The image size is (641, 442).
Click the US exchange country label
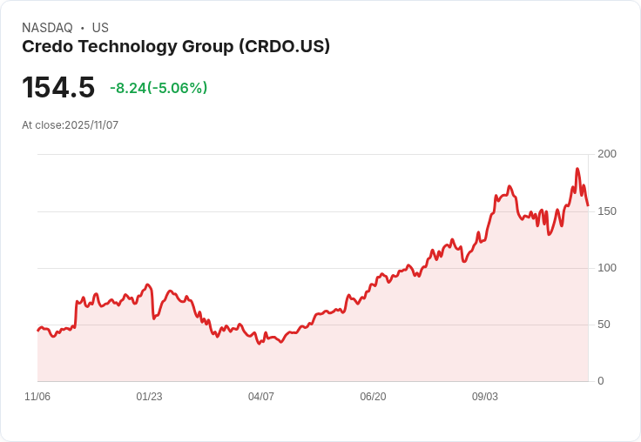[100, 28]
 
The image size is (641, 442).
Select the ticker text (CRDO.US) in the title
[284, 47]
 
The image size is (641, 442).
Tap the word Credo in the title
[46, 47]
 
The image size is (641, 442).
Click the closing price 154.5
[58, 88]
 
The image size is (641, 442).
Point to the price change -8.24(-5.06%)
[159, 88]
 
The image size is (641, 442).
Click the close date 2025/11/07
[91, 125]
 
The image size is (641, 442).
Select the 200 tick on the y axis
[607, 154]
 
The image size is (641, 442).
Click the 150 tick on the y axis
[607, 211]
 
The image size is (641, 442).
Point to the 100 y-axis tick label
[607, 268]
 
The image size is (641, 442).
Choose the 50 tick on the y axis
[604, 325]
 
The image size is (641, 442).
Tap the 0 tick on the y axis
[601, 381]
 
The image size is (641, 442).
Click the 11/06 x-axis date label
[37, 397]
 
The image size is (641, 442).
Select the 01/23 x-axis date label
[149, 397]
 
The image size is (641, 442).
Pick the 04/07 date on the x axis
[261, 397]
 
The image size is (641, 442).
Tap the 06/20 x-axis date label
[373, 397]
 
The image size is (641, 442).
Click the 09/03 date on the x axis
[485, 397]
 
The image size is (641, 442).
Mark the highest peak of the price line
[577, 169]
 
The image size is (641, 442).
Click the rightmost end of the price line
[588, 205]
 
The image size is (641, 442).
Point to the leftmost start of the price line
[37, 331]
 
